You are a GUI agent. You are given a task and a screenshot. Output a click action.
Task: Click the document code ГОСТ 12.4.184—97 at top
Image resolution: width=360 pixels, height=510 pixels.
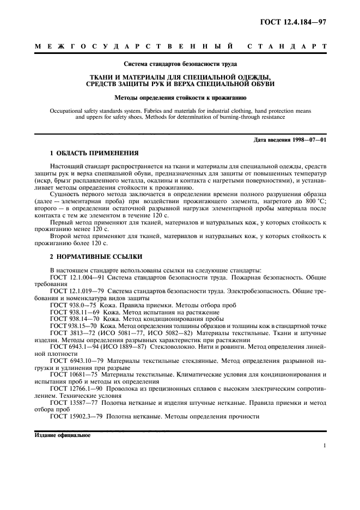click(291, 21)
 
